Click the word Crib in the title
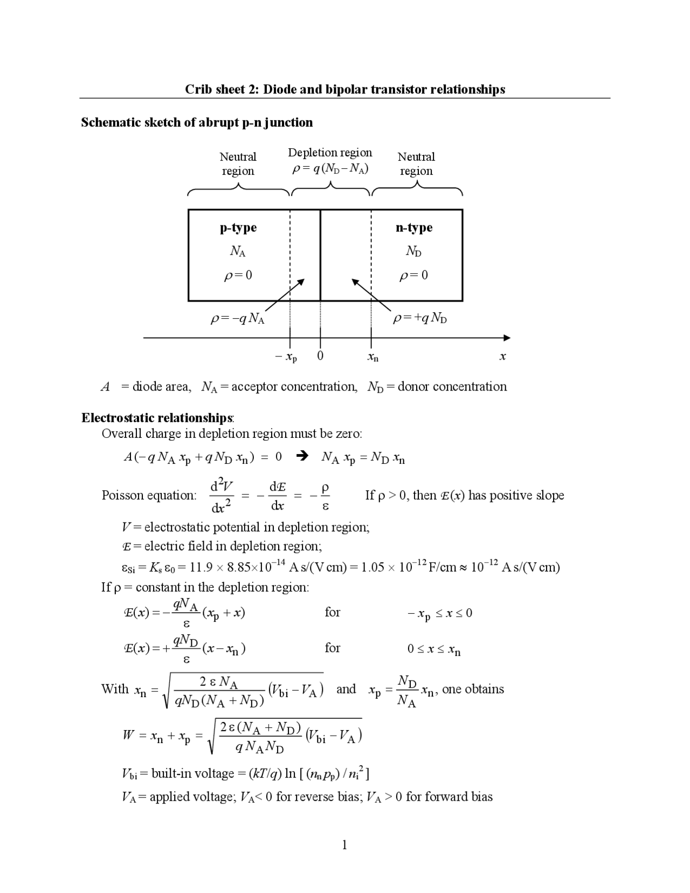click(197, 90)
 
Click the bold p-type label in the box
click(238, 228)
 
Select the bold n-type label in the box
click(414, 228)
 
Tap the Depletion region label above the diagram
click(330, 153)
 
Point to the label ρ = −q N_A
click(237, 319)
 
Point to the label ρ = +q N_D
click(420, 319)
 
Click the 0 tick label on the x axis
click(320, 356)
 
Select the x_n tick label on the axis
click(372, 357)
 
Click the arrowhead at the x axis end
click(506, 338)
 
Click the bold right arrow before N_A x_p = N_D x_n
click(303, 457)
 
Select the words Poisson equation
click(149, 495)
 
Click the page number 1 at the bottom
click(344, 845)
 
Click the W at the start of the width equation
click(128, 735)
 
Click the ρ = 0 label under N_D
click(413, 276)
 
